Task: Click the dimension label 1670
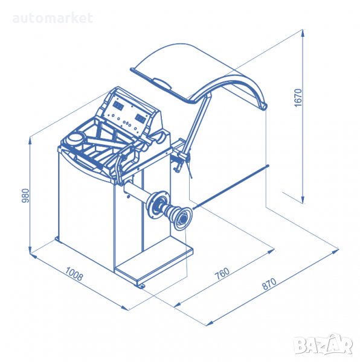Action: [298, 97]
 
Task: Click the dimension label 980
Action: [25, 195]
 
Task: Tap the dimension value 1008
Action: [74, 274]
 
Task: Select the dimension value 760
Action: [222, 273]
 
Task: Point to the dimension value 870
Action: [269, 284]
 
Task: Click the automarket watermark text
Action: [53, 18]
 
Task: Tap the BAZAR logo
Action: [324, 345]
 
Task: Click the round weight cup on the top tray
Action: [75, 139]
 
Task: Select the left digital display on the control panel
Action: [118, 106]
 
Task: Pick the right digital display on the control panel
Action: [141, 119]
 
